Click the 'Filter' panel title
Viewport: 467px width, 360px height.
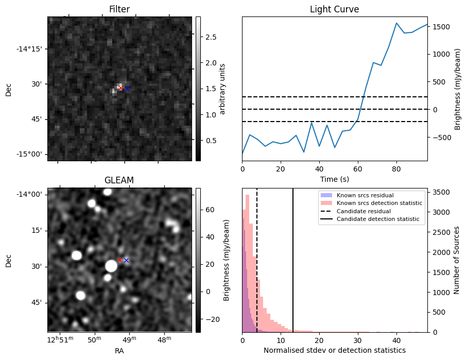pos(119,9)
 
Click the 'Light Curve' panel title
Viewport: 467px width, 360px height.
pos(334,9)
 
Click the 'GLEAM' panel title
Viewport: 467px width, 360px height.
pos(119,180)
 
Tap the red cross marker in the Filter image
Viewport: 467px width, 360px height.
pos(120,88)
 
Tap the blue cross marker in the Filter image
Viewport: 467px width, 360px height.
pos(127,89)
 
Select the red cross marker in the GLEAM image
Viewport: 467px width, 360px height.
pos(119,260)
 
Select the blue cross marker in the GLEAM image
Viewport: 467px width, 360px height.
pos(126,260)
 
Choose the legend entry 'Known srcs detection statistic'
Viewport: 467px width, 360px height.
pos(379,203)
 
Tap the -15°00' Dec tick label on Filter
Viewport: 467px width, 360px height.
pos(31,155)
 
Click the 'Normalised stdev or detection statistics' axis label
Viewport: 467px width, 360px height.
pos(334,351)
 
